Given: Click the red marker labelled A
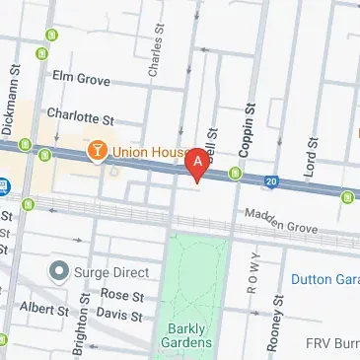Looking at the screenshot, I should point(199,163).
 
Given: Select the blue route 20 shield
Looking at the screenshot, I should point(271,181).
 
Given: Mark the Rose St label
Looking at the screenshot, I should point(122,295).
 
